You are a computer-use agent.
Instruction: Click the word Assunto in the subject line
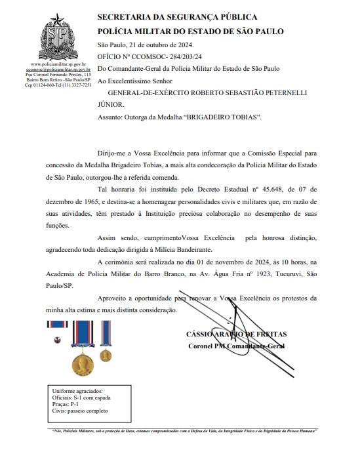(x=111, y=117)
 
